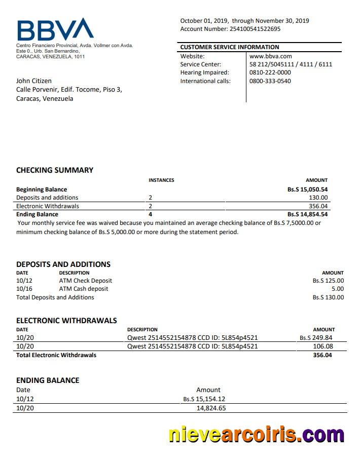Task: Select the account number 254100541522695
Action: tap(255, 29)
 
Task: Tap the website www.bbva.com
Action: tap(270, 56)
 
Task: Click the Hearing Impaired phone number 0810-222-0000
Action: tap(270, 72)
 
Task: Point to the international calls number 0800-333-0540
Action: tap(270, 81)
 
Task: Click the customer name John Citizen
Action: tap(34, 81)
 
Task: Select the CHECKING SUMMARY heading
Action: tap(55, 170)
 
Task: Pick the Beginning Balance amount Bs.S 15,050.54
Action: tap(307, 189)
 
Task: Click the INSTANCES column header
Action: tap(161, 180)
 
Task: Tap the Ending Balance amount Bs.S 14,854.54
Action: tap(307, 214)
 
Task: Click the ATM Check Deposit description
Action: tap(86, 281)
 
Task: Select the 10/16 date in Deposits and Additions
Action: tap(24, 289)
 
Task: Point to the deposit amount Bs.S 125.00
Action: tap(328, 281)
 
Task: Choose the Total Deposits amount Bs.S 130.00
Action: tap(328, 297)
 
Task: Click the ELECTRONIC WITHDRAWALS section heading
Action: tap(66, 321)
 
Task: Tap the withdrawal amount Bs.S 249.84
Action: tap(316, 338)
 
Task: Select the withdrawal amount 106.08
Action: tap(323, 346)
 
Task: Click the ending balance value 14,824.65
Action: tap(211, 408)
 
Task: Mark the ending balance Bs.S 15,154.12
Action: tap(204, 399)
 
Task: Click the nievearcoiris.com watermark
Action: tap(256, 435)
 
